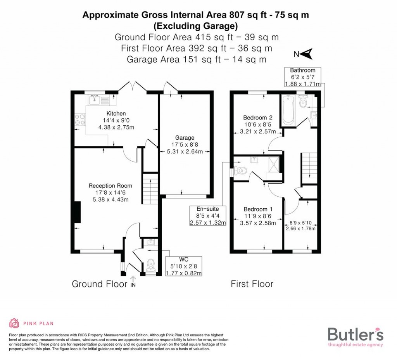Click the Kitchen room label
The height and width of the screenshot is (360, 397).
point(116,114)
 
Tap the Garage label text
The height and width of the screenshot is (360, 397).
point(185,138)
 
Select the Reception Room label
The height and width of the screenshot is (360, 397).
point(110,186)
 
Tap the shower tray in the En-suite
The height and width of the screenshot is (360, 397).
point(274,166)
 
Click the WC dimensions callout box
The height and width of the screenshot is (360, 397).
point(184,266)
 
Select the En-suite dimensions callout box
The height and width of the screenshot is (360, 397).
point(207,216)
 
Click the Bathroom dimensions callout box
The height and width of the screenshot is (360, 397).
point(303,77)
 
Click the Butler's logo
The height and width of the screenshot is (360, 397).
point(356,336)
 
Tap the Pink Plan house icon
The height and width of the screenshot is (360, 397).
point(14,323)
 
